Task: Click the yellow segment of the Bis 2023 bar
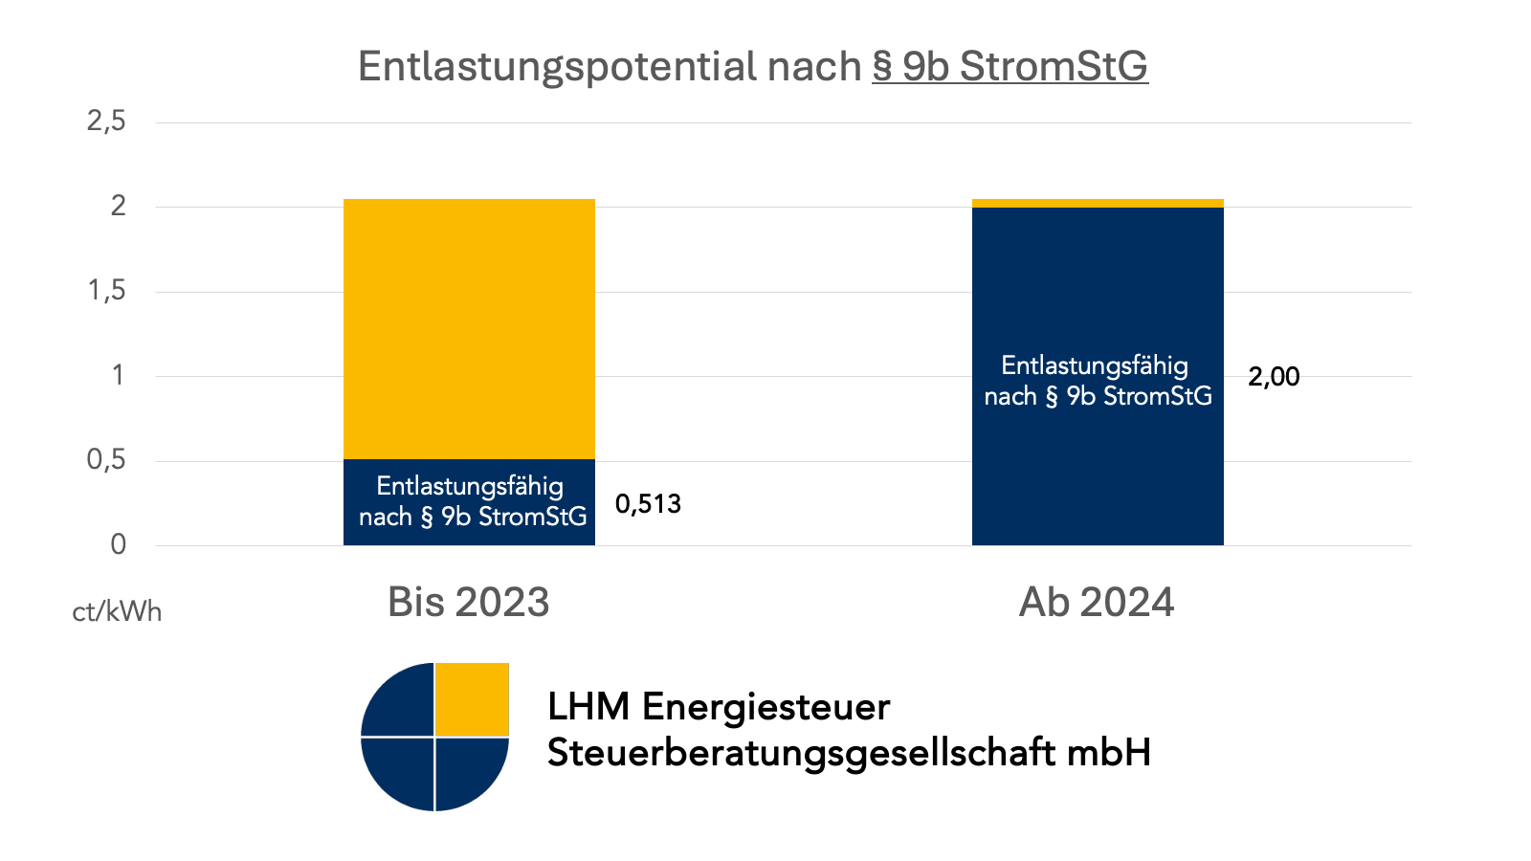coord(469,328)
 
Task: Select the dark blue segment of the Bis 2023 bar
coord(469,502)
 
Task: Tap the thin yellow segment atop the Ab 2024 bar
coord(1098,203)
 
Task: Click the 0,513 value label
coord(648,504)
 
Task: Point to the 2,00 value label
coord(1274,377)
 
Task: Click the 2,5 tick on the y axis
coord(106,121)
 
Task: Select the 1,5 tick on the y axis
coord(106,291)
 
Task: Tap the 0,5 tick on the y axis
coord(106,460)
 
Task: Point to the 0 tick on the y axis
coord(118,544)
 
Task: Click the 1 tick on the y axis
coord(118,375)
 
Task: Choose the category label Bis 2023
coord(469,602)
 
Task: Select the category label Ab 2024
coord(1097,602)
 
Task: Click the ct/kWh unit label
coord(117,611)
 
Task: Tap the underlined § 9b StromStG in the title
coord(1010,67)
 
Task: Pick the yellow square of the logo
coord(473,699)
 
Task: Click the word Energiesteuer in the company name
coord(765,707)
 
